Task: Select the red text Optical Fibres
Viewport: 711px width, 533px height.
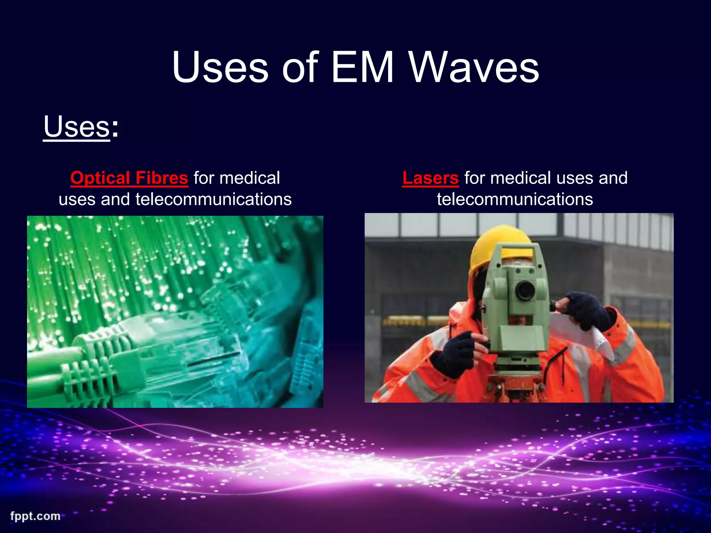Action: (129, 178)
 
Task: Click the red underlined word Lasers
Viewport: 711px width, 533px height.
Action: (430, 178)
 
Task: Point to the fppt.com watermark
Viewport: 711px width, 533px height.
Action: (35, 516)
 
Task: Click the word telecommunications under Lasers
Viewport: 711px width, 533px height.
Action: (515, 199)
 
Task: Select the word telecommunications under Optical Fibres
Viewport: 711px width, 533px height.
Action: (214, 199)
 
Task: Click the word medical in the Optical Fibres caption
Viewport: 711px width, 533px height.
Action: (250, 178)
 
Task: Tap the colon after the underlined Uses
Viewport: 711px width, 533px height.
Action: (115, 128)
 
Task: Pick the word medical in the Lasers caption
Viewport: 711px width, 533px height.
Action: (520, 178)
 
